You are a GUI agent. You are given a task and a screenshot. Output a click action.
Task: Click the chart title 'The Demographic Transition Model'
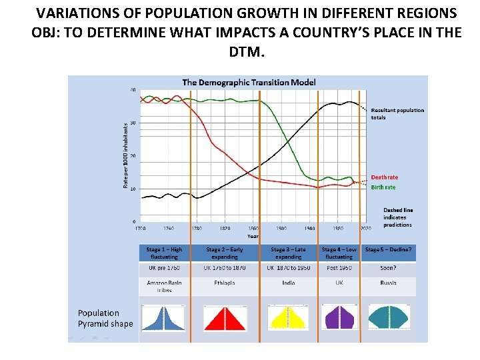click(x=249, y=83)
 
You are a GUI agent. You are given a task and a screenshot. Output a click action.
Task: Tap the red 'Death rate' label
click(x=385, y=177)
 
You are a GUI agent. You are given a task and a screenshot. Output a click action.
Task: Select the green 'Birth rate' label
click(x=383, y=187)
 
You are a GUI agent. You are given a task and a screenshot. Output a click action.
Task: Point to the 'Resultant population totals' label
click(x=397, y=113)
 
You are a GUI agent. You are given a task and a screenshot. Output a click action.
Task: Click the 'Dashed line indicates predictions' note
click(x=398, y=217)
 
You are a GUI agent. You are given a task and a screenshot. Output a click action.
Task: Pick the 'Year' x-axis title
click(x=253, y=235)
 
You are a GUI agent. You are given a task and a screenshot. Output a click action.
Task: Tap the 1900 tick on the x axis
click(x=281, y=228)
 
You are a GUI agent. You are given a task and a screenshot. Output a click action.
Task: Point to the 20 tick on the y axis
click(x=133, y=156)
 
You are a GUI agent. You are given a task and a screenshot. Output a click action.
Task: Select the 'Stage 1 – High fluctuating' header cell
click(x=164, y=253)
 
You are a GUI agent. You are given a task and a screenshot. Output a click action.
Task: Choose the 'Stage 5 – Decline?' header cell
click(x=389, y=250)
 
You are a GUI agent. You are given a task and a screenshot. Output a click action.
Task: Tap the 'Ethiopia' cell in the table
click(x=225, y=283)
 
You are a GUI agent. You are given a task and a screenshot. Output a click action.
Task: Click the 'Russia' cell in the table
click(x=388, y=283)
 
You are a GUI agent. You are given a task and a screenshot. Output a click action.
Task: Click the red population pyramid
click(x=225, y=318)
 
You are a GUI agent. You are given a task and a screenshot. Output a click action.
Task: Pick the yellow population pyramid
click(x=287, y=318)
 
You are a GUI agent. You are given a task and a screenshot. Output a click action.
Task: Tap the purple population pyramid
click(x=339, y=317)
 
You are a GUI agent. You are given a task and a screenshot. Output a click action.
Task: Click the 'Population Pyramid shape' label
click(x=105, y=318)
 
